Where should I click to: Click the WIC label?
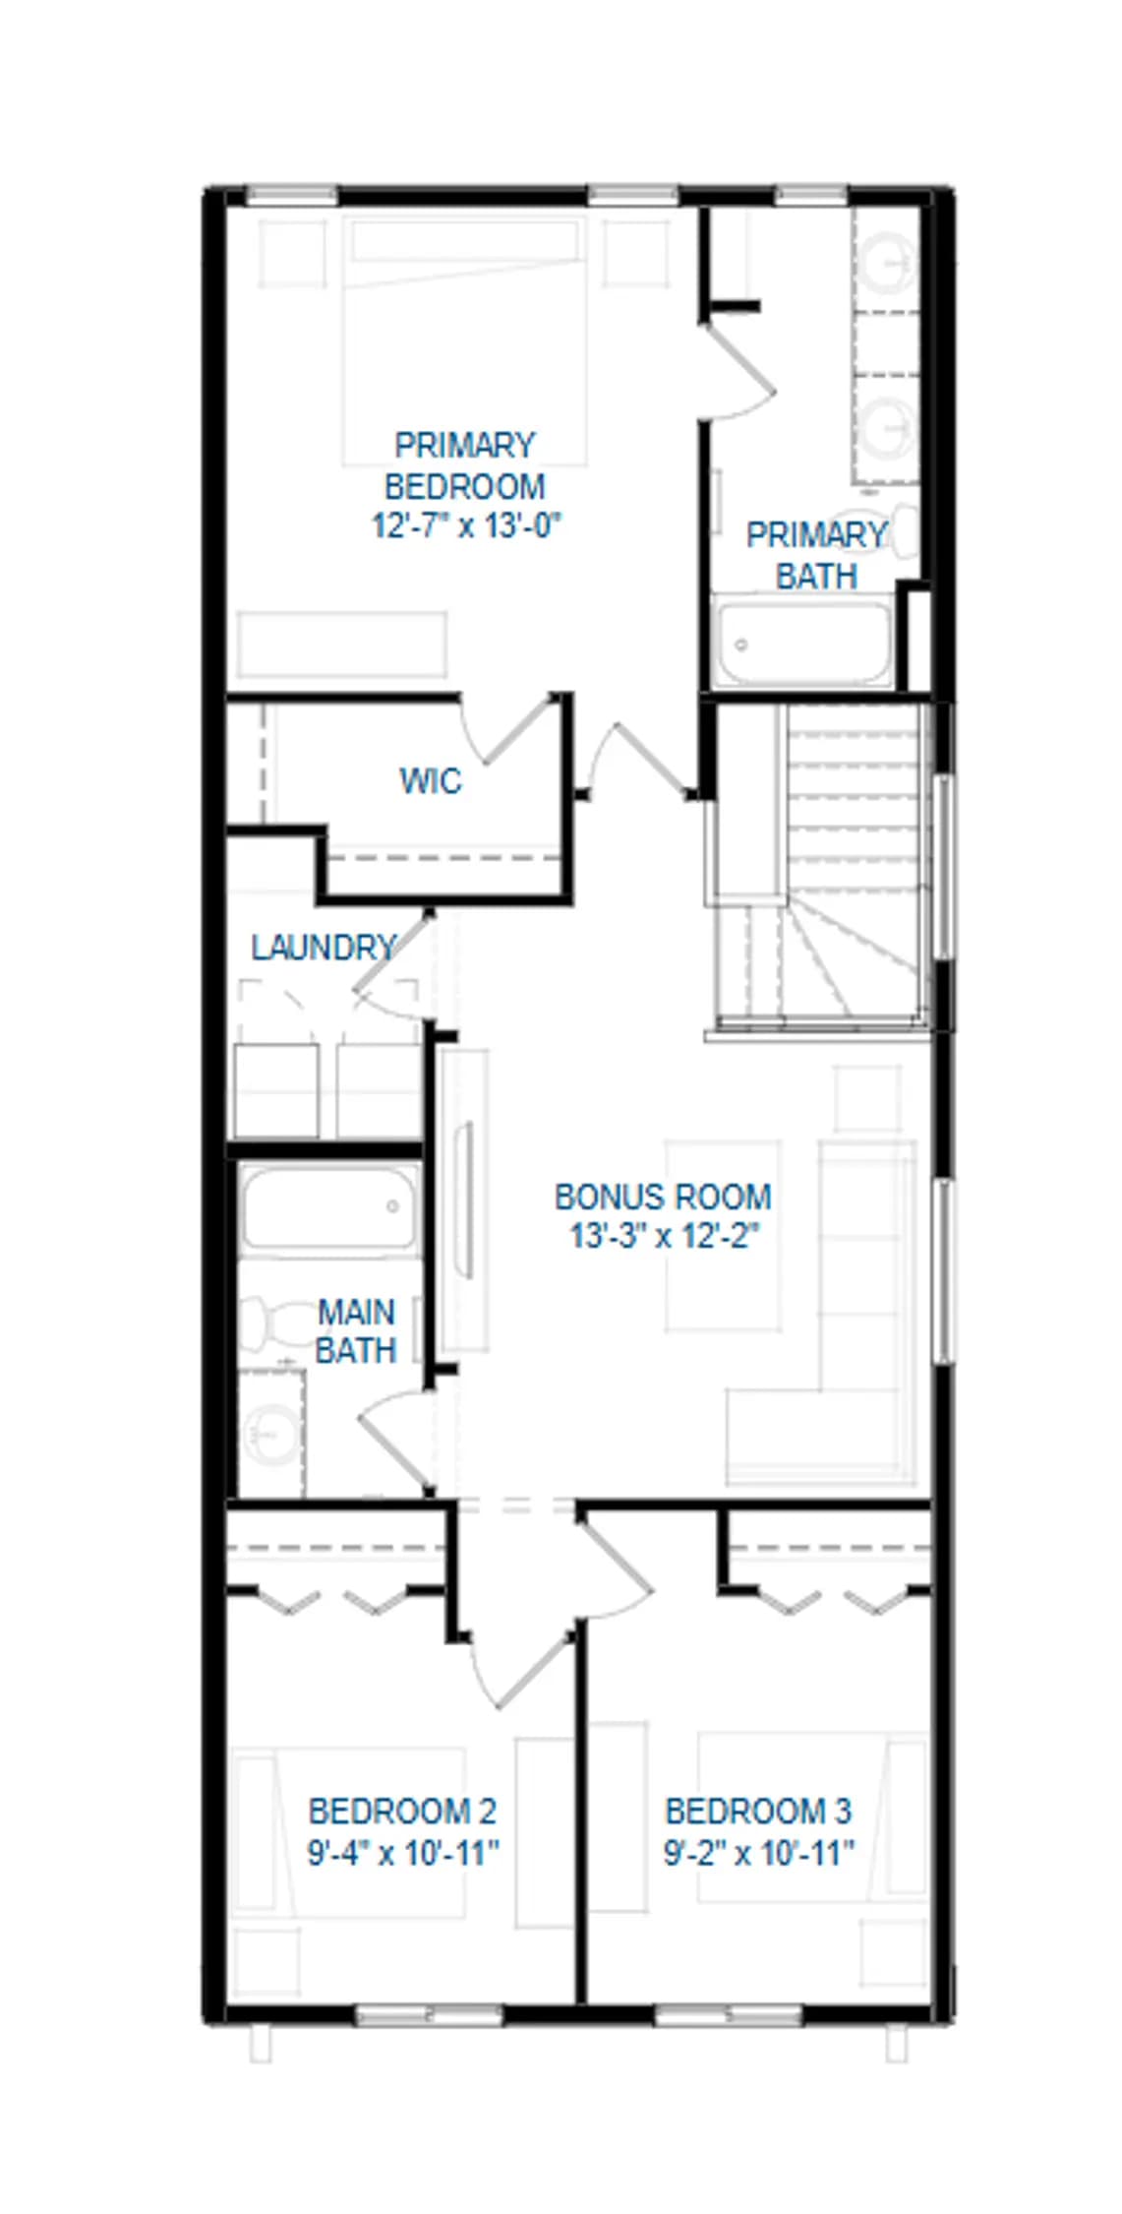[x=430, y=781]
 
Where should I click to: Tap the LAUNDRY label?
[x=323, y=948]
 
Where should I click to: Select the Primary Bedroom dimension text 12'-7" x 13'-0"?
[x=465, y=525]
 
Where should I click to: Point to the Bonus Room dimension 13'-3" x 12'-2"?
[x=665, y=1236]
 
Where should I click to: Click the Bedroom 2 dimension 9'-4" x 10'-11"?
[x=404, y=1854]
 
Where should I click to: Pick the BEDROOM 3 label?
[x=758, y=1811]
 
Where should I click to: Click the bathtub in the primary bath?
[x=803, y=643]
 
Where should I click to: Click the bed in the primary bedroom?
[x=464, y=340]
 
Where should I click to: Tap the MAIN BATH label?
[x=356, y=1331]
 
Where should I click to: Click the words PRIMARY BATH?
[x=816, y=556]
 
